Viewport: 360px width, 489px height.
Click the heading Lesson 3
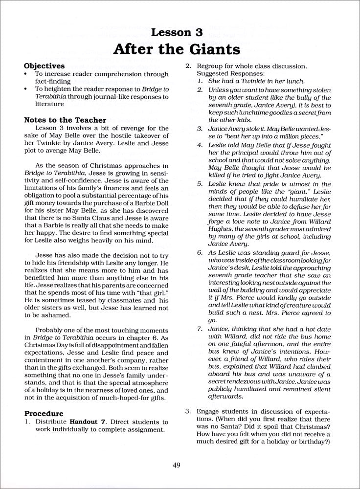(180, 33)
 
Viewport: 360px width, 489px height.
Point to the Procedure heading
(45, 413)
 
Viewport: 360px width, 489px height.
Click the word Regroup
(211, 66)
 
